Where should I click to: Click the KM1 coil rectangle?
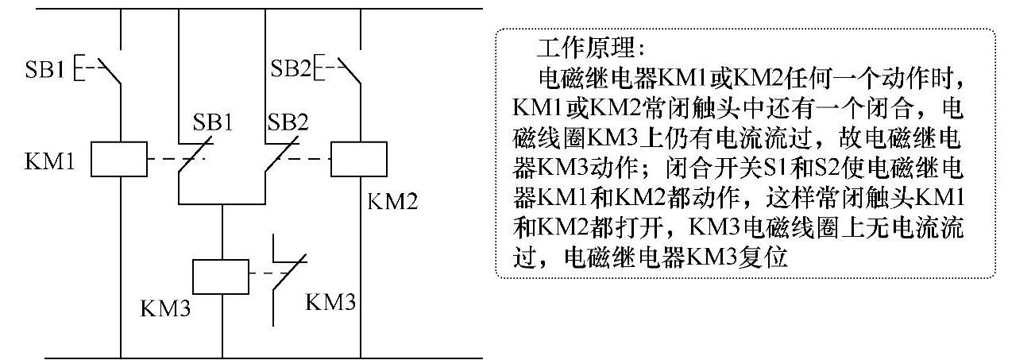118,159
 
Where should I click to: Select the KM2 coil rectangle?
358,159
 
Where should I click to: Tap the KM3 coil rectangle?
222,277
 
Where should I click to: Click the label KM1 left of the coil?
50,165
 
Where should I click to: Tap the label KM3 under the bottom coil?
164,308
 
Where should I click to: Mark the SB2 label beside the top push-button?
290,69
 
